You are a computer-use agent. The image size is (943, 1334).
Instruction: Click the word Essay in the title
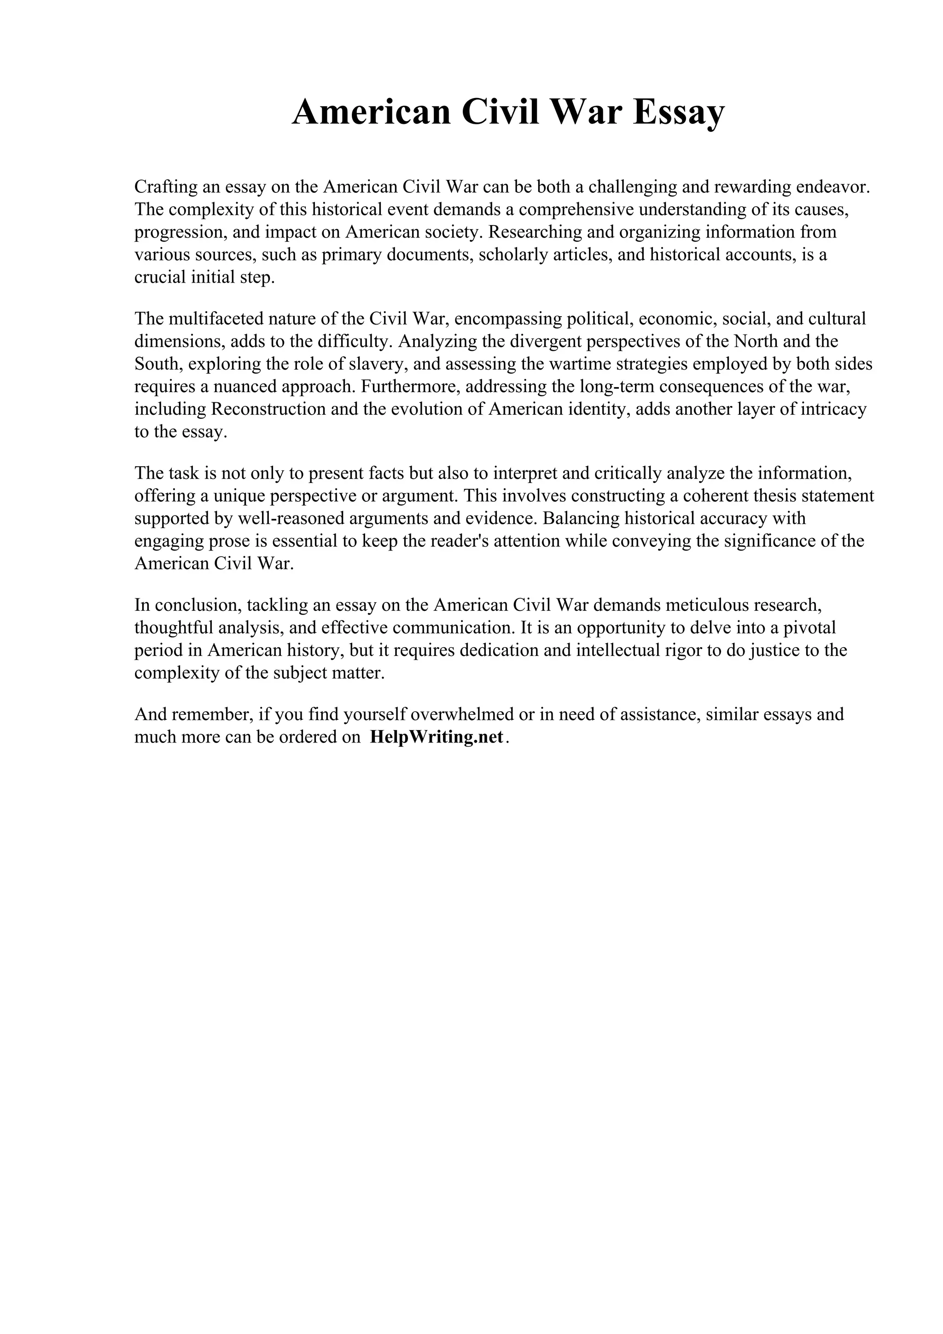coord(679,113)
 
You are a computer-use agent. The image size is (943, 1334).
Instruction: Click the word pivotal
coord(809,627)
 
